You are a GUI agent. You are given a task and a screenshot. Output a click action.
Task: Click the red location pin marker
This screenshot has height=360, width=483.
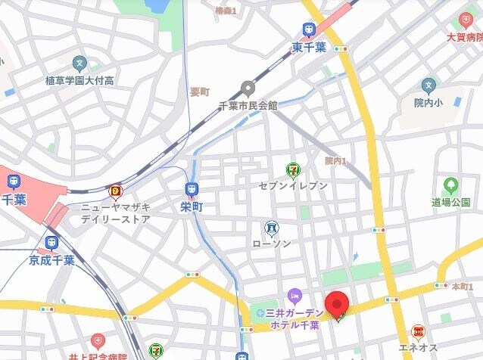[x=337, y=305]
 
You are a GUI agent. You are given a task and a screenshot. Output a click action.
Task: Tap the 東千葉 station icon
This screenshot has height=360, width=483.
[x=309, y=30]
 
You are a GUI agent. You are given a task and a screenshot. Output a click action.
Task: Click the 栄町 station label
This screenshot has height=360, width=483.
[x=193, y=205]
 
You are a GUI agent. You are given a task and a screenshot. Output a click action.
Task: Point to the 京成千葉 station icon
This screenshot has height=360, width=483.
[x=51, y=242]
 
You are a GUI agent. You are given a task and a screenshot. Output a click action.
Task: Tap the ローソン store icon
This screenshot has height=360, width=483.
[x=270, y=227]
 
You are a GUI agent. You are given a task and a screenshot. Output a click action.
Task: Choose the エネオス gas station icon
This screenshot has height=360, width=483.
[x=417, y=331]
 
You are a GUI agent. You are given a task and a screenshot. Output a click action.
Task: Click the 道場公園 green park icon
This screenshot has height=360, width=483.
[x=451, y=185]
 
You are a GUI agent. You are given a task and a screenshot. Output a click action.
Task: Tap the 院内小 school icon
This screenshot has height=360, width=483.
[x=429, y=85]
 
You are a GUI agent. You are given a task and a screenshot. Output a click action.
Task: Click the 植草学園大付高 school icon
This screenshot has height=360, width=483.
[x=79, y=64]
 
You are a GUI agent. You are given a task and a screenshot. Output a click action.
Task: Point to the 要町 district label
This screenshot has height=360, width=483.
[x=199, y=92]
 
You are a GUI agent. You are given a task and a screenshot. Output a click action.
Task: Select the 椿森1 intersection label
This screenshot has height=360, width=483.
[x=226, y=11]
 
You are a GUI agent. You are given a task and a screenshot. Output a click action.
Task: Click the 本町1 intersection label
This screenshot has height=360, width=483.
[x=459, y=287]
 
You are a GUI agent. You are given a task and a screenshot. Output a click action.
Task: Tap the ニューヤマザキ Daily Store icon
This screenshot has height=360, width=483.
[x=116, y=191]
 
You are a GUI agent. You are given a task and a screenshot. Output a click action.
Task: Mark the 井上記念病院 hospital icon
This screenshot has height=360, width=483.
[x=97, y=341]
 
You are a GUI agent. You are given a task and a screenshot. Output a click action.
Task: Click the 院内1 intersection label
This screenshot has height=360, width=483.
[x=335, y=160]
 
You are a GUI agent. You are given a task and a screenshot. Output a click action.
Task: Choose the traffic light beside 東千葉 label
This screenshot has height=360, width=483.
[x=341, y=48]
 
